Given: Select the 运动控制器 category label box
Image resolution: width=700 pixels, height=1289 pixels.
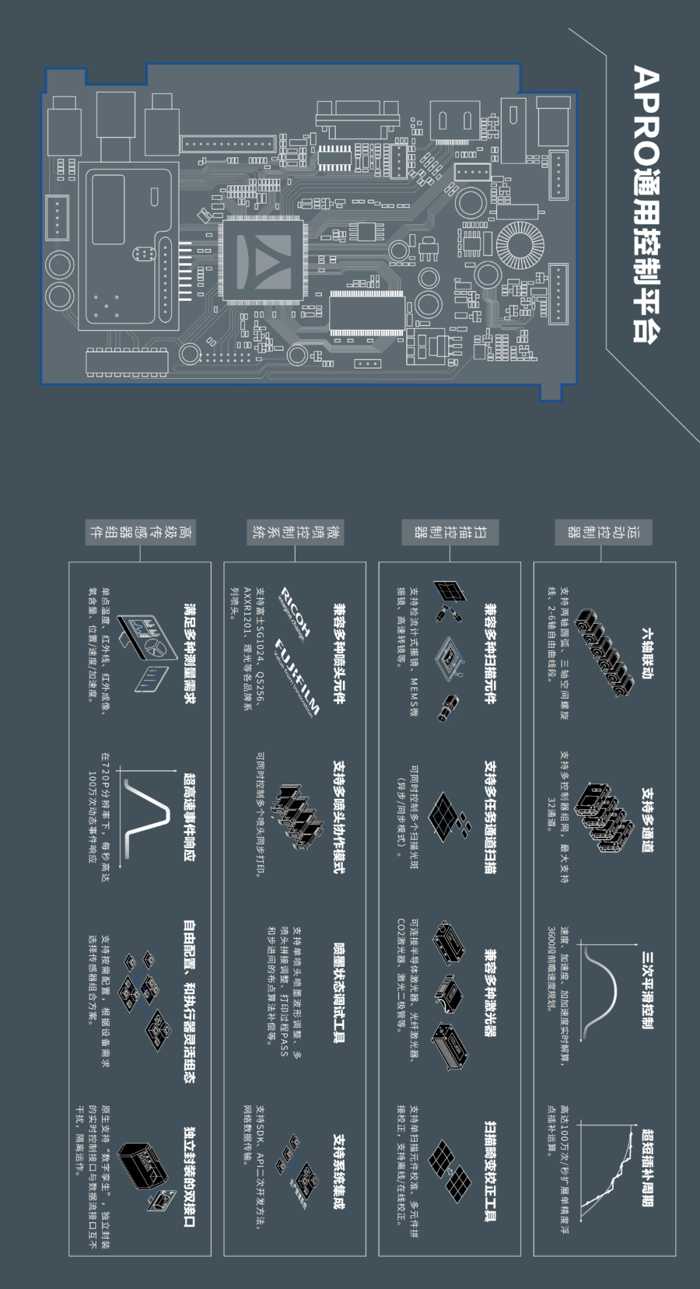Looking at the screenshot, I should pyautogui.click(x=603, y=532).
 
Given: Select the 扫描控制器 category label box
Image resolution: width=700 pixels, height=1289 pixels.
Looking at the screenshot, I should pyautogui.click(x=450, y=532).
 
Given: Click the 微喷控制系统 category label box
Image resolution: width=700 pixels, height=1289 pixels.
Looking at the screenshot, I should pyautogui.click(x=296, y=532).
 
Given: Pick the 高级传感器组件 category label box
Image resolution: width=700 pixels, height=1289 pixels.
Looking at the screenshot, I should pyautogui.click(x=141, y=532).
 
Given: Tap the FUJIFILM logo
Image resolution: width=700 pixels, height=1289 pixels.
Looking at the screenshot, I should pyautogui.click(x=297, y=678).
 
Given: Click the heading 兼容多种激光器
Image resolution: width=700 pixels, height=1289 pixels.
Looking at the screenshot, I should pyautogui.click(x=491, y=993).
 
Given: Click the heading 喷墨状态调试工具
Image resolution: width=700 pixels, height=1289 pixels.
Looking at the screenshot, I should pyautogui.click(x=338, y=993).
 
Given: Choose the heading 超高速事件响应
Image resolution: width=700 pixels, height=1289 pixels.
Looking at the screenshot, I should pyautogui.click(x=189, y=817).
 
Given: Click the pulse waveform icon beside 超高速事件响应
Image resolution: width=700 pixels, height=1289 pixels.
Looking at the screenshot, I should pyautogui.click(x=146, y=814).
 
